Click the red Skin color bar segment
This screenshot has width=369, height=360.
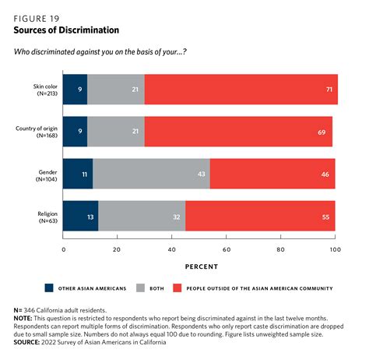tap(241, 90)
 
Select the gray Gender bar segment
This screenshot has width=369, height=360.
tap(151, 174)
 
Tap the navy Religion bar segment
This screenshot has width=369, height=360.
tap(80, 216)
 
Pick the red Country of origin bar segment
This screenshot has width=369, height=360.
tap(238, 132)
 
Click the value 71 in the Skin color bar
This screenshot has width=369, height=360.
tap(329, 90)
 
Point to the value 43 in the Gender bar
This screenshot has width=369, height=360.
tap(202, 174)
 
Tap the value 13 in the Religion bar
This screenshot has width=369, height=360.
tap(90, 217)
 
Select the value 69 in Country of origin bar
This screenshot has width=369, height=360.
tap(322, 132)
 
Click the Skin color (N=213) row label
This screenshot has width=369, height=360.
tap(45, 90)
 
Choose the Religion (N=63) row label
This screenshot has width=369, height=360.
tap(47, 217)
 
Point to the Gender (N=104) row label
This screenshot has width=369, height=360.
tap(47, 175)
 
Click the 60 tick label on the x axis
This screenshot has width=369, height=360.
tap(227, 249)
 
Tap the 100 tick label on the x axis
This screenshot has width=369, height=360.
tap(336, 249)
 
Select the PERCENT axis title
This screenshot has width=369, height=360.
tap(202, 266)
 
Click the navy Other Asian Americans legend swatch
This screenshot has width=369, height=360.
tap(49, 288)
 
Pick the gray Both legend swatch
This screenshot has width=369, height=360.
tap(140, 288)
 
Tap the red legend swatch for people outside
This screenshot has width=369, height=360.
tap(177, 288)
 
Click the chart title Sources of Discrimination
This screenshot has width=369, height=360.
tap(66, 30)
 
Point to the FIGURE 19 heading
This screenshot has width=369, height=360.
tap(37, 19)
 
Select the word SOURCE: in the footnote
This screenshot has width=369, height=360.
tap(26, 342)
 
